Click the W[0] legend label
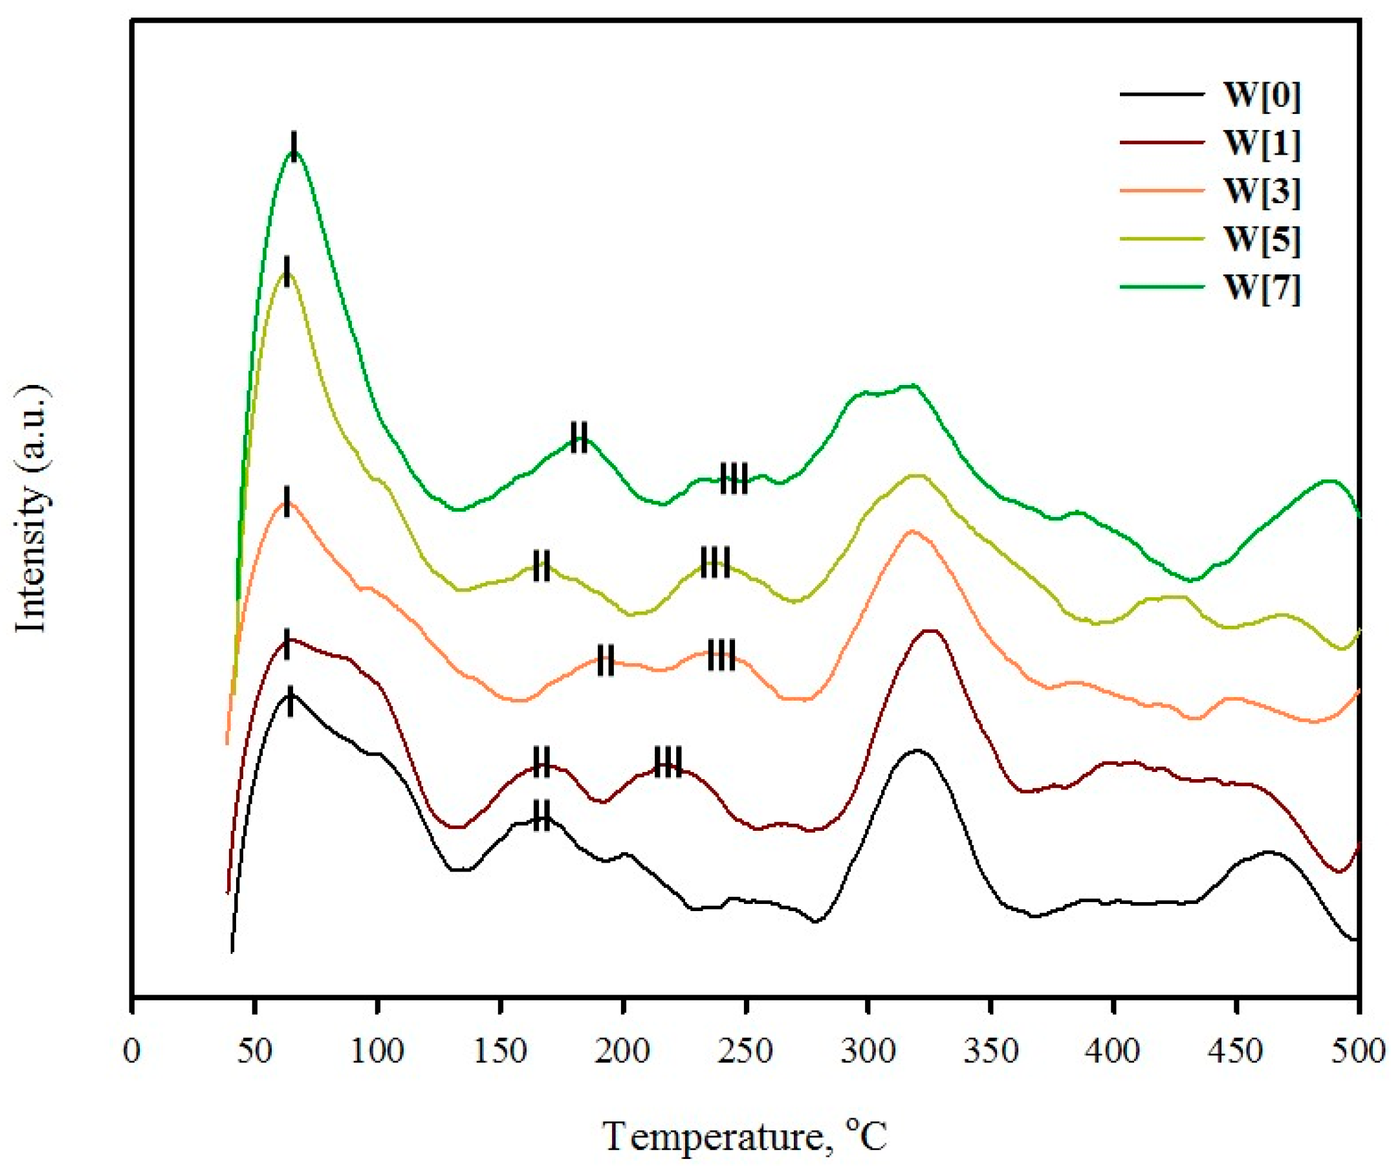(x=1262, y=96)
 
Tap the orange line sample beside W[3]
(x=1163, y=191)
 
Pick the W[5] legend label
(x=1262, y=241)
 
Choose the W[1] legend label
(x=1262, y=145)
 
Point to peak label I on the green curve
(x=294, y=146)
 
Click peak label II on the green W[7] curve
(x=579, y=437)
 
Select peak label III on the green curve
(x=734, y=479)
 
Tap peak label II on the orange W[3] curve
(x=606, y=660)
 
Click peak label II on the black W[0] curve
(x=542, y=815)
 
